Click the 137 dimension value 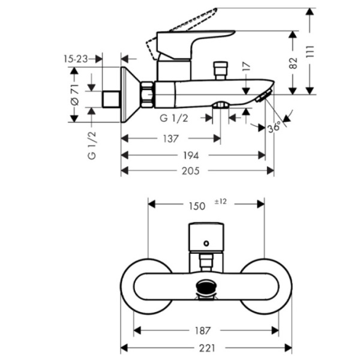pyautogui.click(x=170, y=139)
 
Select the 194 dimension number pyautogui.click(x=191, y=155)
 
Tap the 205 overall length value pyautogui.click(x=191, y=171)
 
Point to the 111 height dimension pyautogui.click(x=310, y=52)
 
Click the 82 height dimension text pyautogui.click(x=293, y=63)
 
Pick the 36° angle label pyautogui.click(x=274, y=127)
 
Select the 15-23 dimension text pyautogui.click(x=76, y=59)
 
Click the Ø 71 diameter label pyautogui.click(x=75, y=95)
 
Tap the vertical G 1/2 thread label pyautogui.click(x=92, y=146)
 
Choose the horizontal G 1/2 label pyautogui.click(x=174, y=118)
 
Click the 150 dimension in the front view pyautogui.click(x=197, y=206)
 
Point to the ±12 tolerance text pyautogui.click(x=220, y=202)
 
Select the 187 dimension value pyautogui.click(x=202, y=331)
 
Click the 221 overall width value pyautogui.click(x=207, y=348)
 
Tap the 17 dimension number pyautogui.click(x=246, y=67)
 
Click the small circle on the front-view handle pyautogui.click(x=206, y=244)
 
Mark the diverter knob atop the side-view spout pyautogui.click(x=220, y=70)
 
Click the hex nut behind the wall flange pyautogui.click(x=147, y=94)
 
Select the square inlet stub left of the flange pyautogui.click(x=111, y=99)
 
